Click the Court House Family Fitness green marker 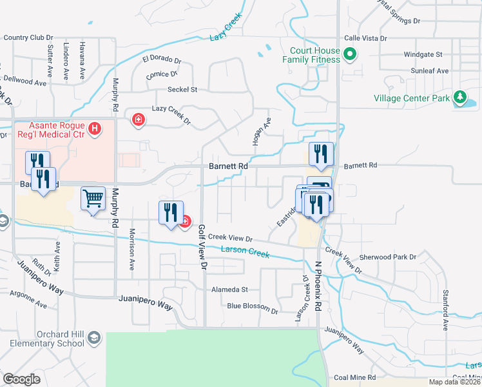coord(350,54)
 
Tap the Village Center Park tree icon coord(459,98)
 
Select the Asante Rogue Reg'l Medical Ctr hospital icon coord(95,130)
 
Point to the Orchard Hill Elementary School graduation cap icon coord(94,338)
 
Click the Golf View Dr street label coord(202,247)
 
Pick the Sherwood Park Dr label coord(388,257)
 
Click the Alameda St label coord(230,290)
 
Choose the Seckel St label coord(182,89)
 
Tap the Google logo coord(21,379)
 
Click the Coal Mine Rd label coord(359,377)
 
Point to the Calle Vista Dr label coord(365,38)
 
